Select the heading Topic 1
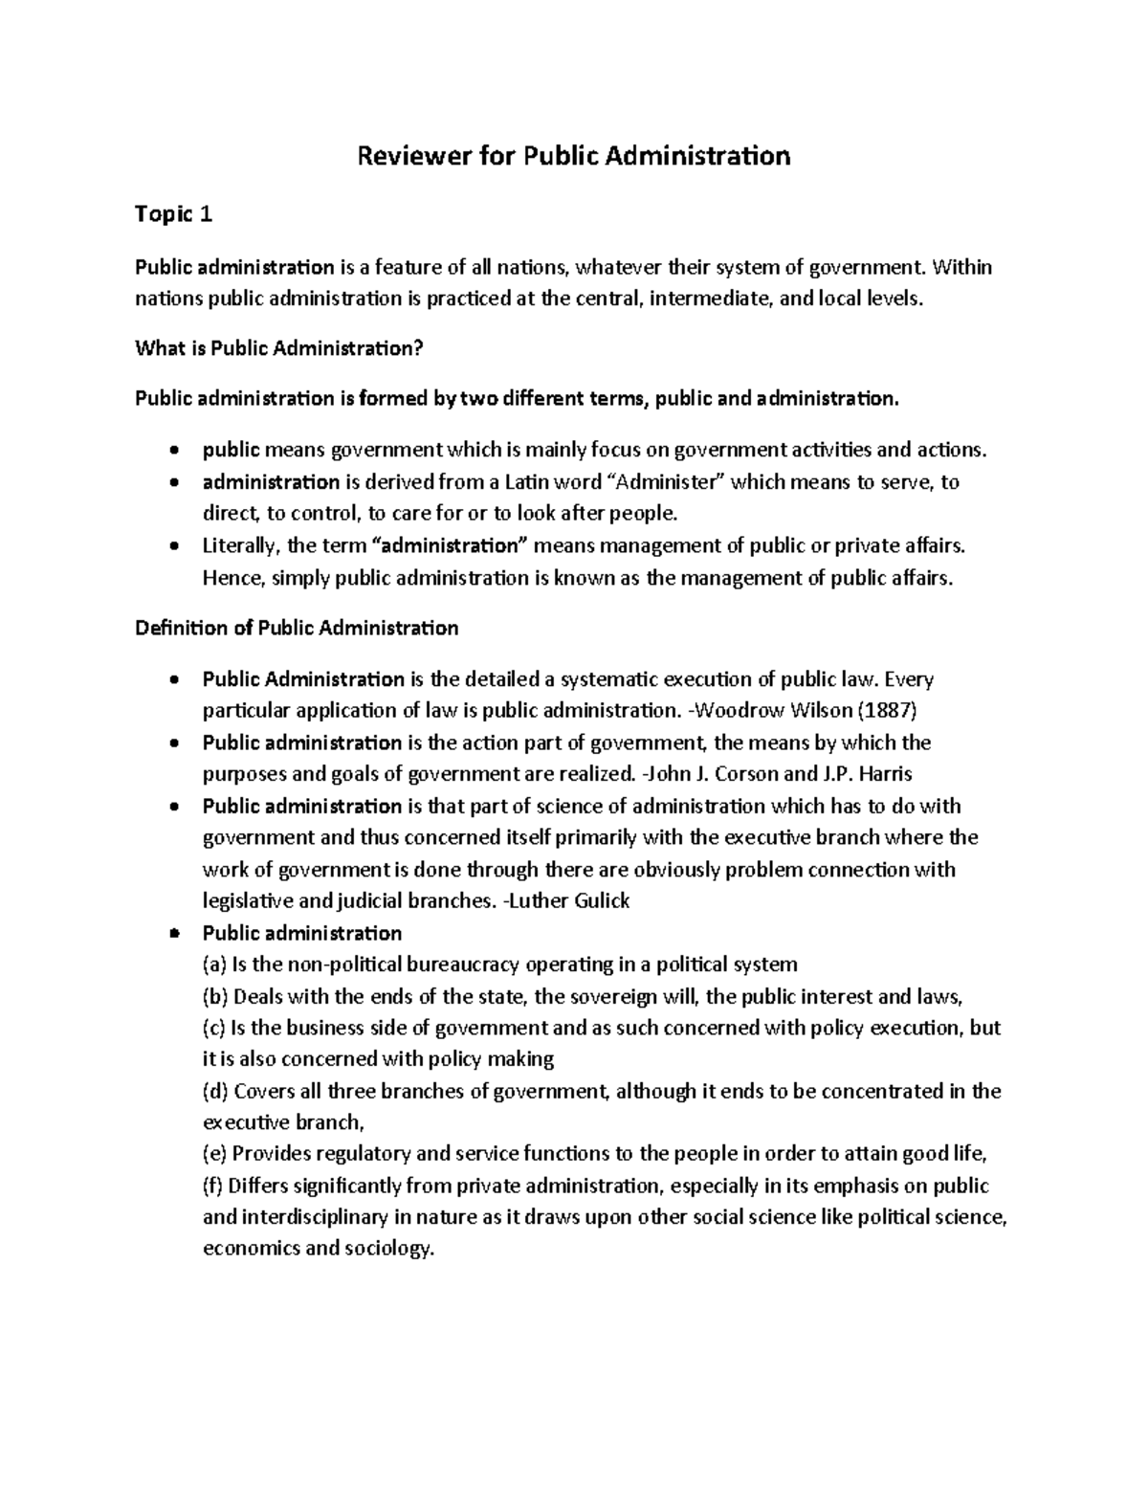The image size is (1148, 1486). [173, 215]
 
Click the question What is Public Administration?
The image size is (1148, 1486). [278, 349]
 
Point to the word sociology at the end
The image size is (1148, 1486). [387, 1250]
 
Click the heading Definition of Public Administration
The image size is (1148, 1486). [297, 629]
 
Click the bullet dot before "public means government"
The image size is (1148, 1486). [172, 451]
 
